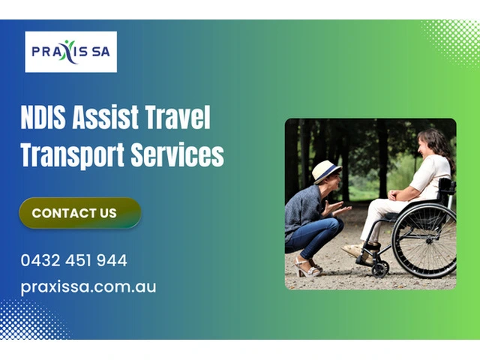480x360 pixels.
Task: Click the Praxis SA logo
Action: tap(70, 52)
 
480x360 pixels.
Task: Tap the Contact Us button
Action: tap(80, 213)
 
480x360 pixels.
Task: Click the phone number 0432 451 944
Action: tap(73, 260)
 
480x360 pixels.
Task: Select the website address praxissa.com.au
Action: tap(88, 287)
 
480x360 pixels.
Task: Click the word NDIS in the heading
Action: tap(43, 117)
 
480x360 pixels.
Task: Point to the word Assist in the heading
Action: tap(105, 117)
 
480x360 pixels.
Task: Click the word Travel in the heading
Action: tap(178, 117)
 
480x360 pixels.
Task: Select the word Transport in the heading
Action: tap(73, 154)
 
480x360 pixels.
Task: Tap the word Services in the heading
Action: tap(178, 154)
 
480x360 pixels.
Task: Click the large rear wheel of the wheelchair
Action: tap(424, 241)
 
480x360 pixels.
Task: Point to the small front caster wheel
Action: tap(380, 268)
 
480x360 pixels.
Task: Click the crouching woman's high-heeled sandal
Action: tap(307, 268)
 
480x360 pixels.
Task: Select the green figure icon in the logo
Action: tap(68, 50)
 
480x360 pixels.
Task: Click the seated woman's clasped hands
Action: tap(393, 195)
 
